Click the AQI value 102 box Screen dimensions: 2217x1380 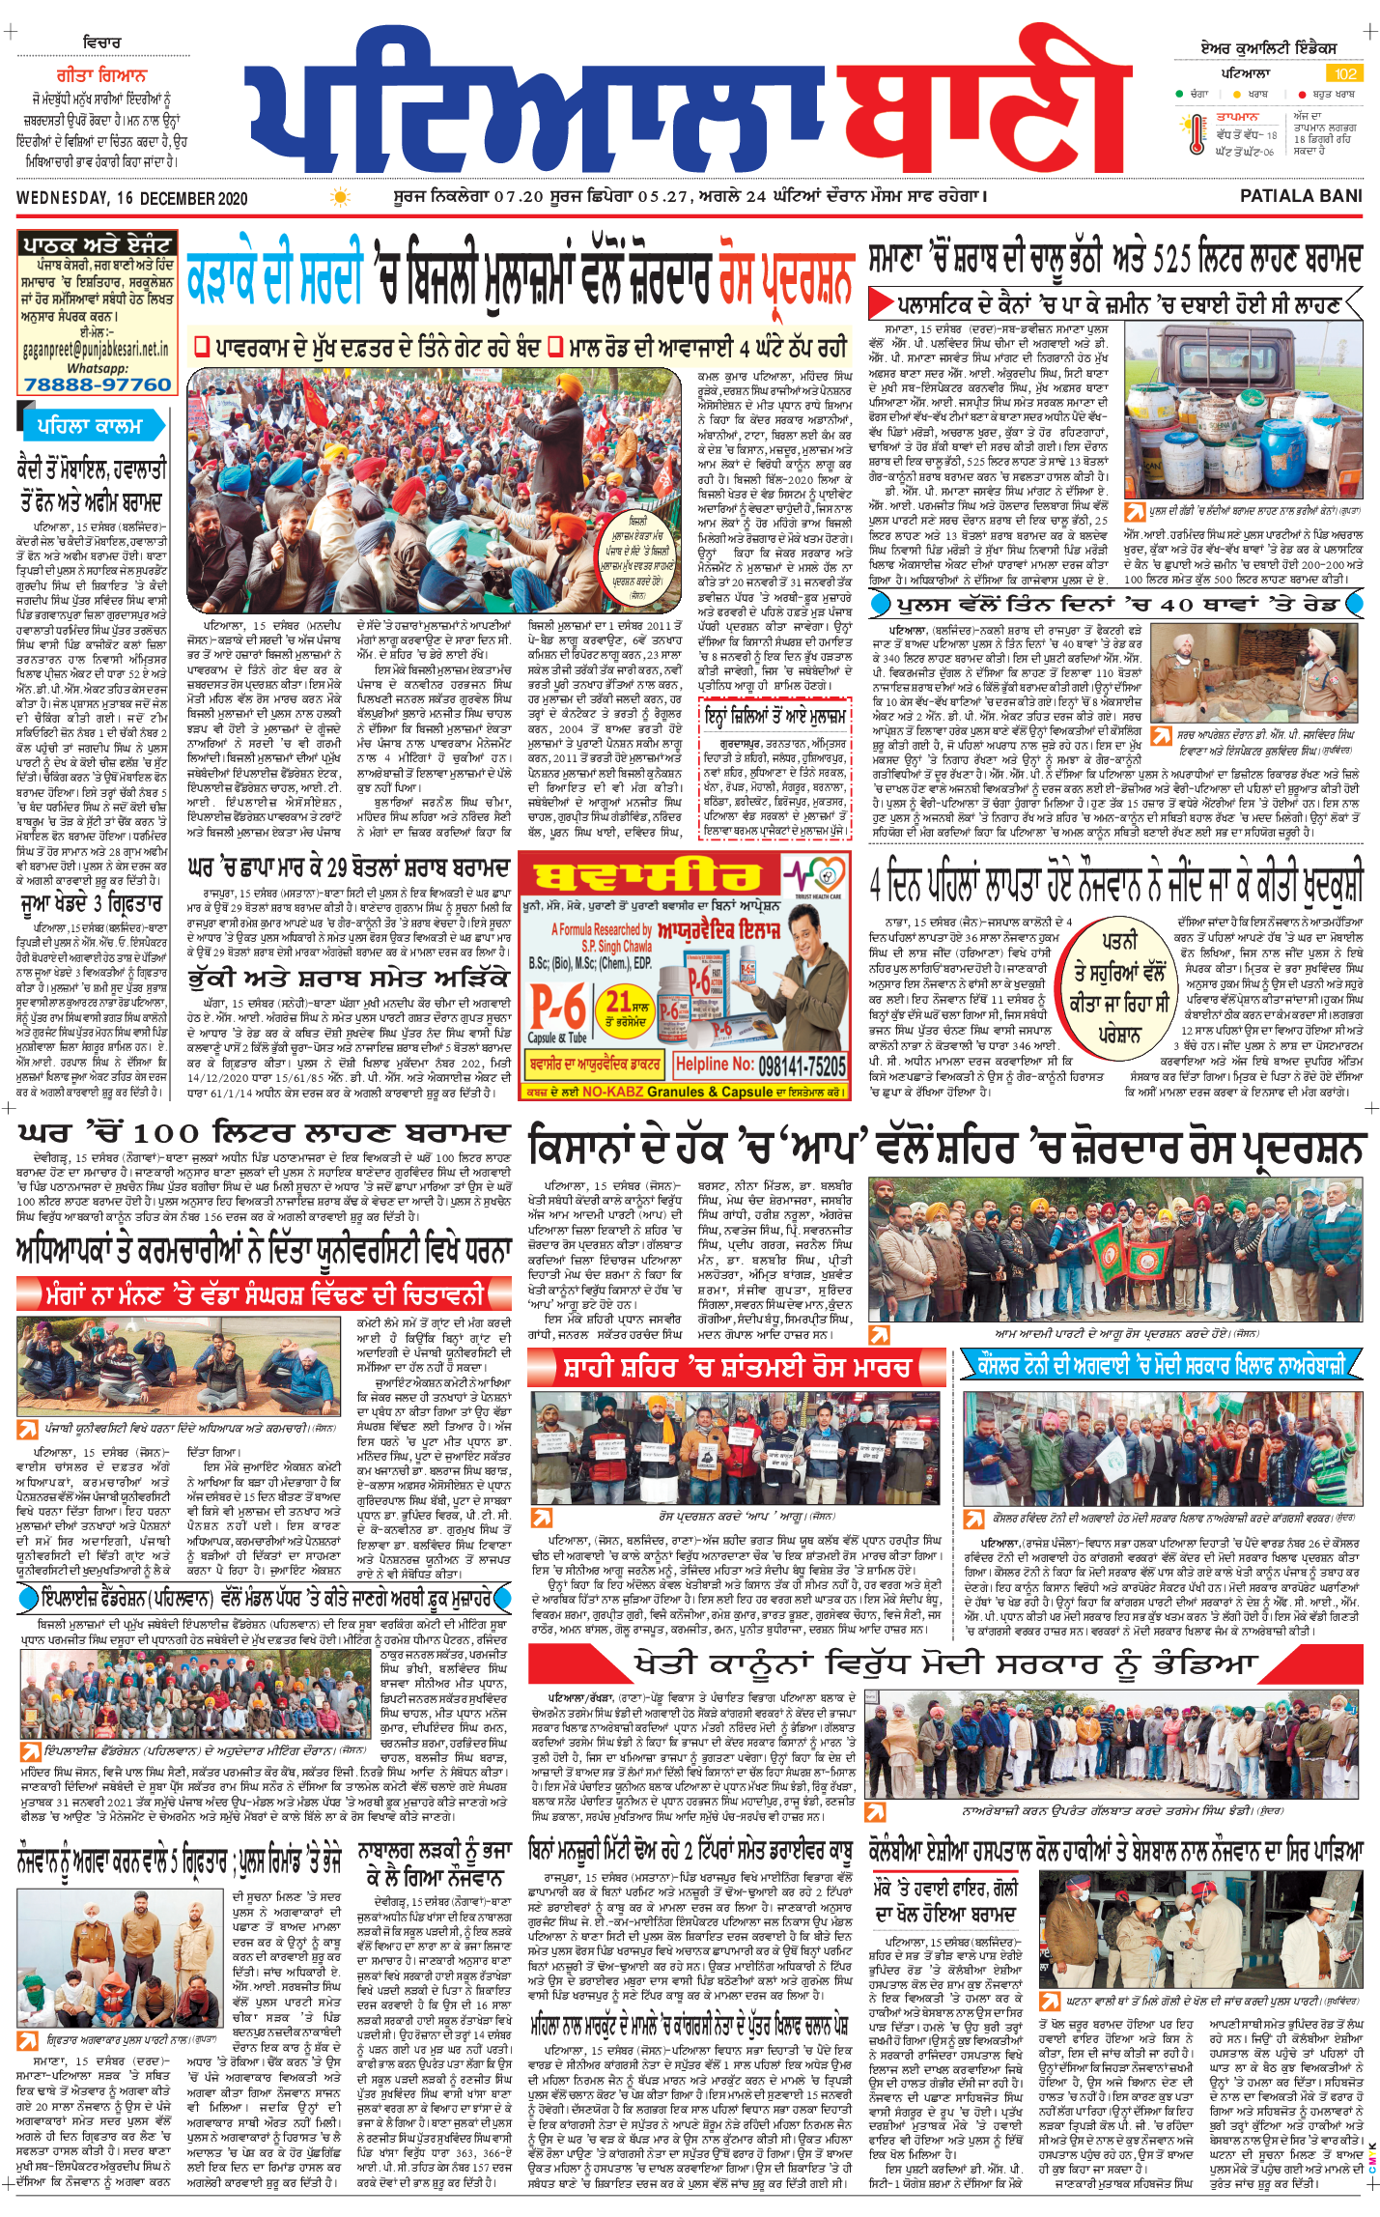[x=1345, y=73]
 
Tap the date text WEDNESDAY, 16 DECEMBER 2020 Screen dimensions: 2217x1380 [x=131, y=199]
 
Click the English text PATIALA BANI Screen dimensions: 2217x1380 [x=1300, y=196]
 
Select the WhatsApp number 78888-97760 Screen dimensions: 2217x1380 [x=97, y=384]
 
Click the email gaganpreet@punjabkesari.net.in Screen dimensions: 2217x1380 [x=96, y=350]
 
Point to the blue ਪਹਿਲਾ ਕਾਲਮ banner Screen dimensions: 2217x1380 [x=89, y=425]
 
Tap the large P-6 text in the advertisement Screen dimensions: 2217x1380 [x=557, y=1008]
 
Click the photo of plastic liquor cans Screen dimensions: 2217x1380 [x=1243, y=410]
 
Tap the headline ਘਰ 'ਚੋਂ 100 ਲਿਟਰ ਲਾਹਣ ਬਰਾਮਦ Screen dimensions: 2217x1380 [x=264, y=1132]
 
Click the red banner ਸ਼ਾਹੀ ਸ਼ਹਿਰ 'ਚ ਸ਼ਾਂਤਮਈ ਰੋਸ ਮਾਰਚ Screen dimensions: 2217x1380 [x=738, y=1367]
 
